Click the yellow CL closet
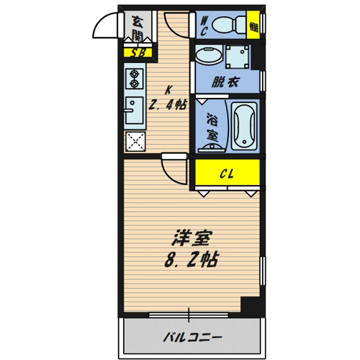(226, 173)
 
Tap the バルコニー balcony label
(192, 337)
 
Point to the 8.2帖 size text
(190, 260)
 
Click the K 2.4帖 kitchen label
(167, 97)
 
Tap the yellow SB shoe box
(138, 53)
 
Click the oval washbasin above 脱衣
(208, 57)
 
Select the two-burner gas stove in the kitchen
(134, 79)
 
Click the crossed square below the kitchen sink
(134, 141)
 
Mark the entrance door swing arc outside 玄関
(107, 26)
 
